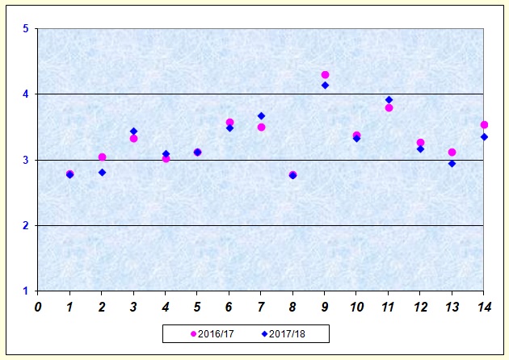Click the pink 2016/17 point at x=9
click(325, 75)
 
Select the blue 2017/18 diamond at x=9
click(325, 85)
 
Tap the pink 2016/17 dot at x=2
click(102, 157)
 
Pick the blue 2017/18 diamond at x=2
click(102, 172)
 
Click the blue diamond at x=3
click(133, 131)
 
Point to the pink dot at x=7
click(261, 127)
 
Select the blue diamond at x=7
click(261, 115)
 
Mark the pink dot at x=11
click(389, 107)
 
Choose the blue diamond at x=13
click(452, 163)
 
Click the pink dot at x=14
click(484, 124)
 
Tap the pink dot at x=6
click(229, 123)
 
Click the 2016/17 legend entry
click(216, 333)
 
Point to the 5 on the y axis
click(26, 29)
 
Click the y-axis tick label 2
click(26, 225)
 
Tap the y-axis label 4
click(26, 94)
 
